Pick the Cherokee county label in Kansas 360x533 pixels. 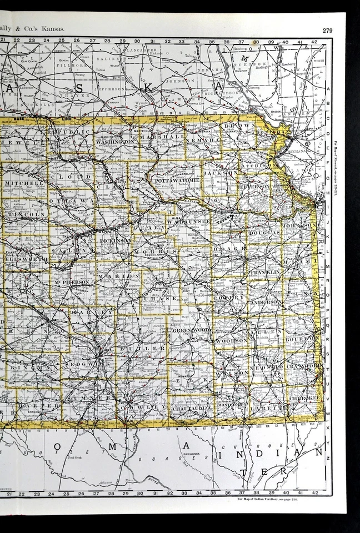(x=301, y=398)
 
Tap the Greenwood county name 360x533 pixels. (x=191, y=330)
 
